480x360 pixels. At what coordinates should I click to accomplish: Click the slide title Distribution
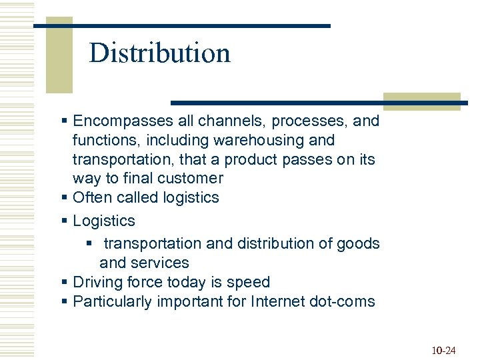[159, 53]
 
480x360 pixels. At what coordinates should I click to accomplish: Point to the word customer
[191, 179]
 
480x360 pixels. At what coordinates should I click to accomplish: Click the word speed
[249, 282]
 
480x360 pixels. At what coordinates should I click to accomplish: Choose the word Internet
[279, 301]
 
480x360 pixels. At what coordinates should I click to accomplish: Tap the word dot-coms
[343, 301]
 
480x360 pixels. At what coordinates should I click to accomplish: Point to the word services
[163, 263]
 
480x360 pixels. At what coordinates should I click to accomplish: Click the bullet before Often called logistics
[65, 198]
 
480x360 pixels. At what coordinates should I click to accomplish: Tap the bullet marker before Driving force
[65, 282]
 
